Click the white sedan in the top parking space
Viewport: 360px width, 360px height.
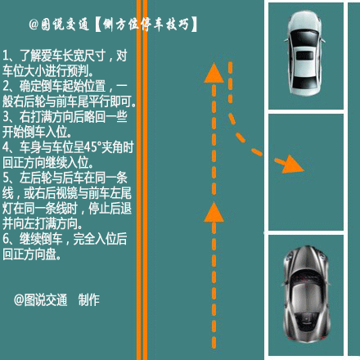[304, 53]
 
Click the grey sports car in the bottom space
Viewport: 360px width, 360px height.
[306, 294]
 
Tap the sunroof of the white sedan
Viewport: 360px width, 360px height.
[304, 56]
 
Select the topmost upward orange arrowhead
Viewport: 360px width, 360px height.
[214, 73]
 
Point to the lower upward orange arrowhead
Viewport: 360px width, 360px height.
[214, 212]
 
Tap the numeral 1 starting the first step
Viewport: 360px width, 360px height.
[6, 56]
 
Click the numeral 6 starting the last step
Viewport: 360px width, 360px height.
[6, 239]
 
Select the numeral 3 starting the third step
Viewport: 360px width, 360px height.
[6, 117]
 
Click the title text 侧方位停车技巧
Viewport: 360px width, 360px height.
[146, 25]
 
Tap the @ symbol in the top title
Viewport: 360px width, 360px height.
[34, 25]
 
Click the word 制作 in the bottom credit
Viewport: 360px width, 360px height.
[89, 299]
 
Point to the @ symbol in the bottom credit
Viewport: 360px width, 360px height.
[19, 299]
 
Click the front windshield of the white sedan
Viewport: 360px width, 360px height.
[305, 38]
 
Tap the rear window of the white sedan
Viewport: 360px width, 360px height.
[304, 82]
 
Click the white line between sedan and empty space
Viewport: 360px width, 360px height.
[306, 111]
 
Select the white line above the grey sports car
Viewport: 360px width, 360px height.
[306, 232]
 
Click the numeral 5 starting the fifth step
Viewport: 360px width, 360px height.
[6, 178]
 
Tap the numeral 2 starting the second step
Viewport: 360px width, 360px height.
[6, 86]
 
